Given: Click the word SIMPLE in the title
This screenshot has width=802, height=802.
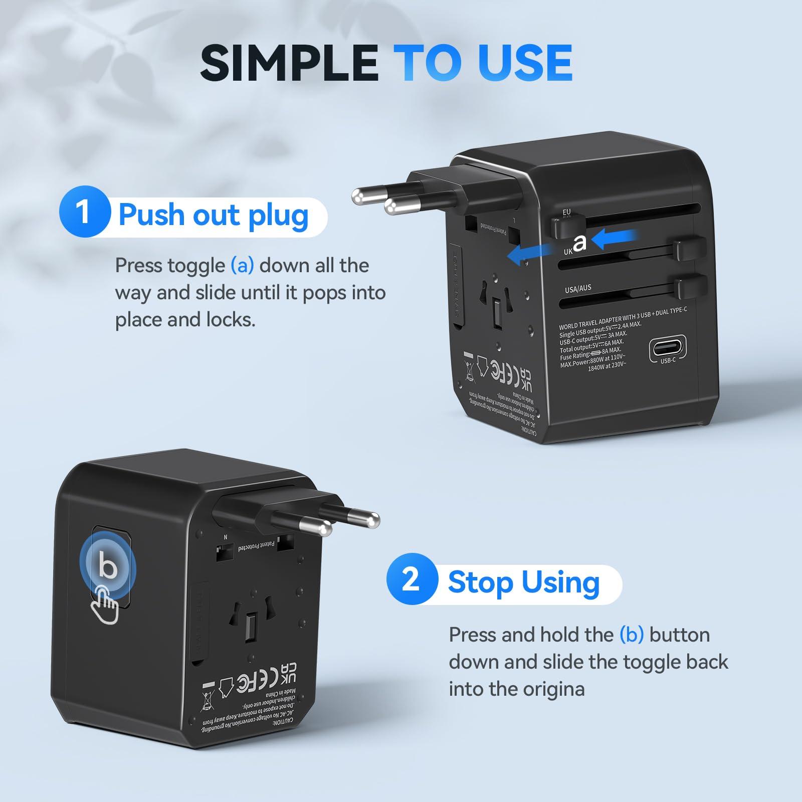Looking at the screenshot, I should tap(289, 63).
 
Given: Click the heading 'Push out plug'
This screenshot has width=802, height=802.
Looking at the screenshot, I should tap(213, 215).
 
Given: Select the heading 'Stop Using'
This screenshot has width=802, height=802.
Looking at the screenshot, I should tap(524, 582).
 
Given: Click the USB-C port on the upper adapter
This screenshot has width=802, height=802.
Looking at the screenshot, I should tap(667, 348).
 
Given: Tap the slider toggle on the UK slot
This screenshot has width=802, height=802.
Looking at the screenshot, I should tap(690, 249).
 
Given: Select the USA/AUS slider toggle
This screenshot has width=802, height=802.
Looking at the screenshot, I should tap(690, 286).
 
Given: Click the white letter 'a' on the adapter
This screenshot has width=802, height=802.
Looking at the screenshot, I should tap(579, 243).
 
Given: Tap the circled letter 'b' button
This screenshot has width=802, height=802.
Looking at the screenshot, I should tap(108, 566).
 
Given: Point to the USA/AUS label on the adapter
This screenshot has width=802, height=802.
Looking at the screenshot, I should tap(578, 289).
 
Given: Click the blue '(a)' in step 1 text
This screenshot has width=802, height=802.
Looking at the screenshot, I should tap(242, 266).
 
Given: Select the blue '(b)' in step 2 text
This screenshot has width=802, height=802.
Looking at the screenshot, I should tap(631, 635).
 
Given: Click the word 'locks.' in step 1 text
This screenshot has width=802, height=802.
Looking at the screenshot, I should tap(231, 319).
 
